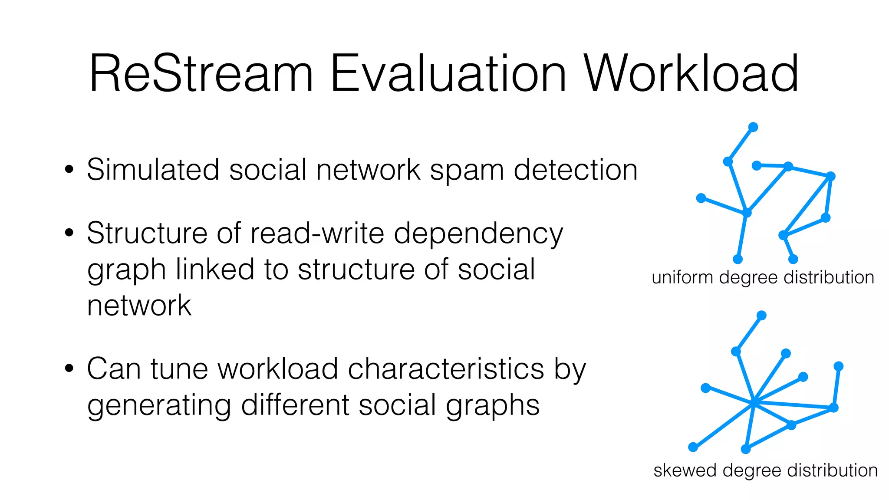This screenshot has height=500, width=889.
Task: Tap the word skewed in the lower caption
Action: [x=685, y=470]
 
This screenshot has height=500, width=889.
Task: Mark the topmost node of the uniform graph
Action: [x=753, y=127]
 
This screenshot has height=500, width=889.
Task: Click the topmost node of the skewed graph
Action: [x=761, y=316]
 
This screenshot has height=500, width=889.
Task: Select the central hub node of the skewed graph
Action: [x=754, y=403]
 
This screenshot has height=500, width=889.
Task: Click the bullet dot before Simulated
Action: [x=69, y=170]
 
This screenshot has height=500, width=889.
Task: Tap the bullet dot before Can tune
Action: [x=69, y=369]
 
